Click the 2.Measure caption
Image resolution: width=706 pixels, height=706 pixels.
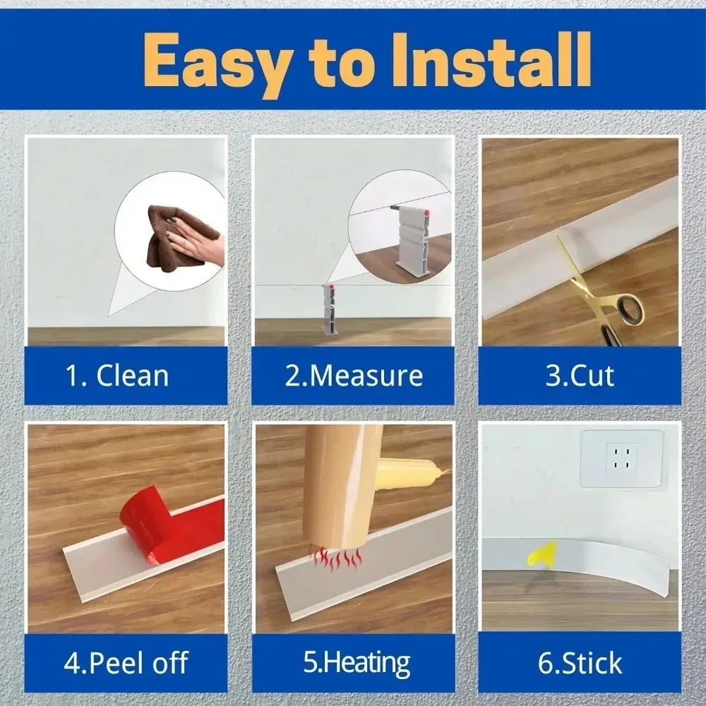[353, 375]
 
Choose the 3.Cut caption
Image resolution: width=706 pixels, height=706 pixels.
[580, 375]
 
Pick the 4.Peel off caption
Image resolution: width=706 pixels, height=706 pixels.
[126, 663]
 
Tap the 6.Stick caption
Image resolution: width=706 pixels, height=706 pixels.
[580, 663]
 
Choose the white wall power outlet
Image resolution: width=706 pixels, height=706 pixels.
[621, 458]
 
